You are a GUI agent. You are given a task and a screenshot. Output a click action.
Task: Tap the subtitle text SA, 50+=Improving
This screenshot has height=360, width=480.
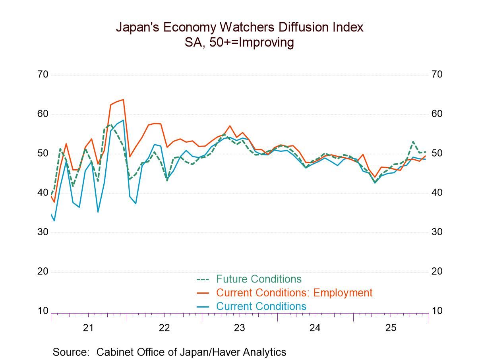239,42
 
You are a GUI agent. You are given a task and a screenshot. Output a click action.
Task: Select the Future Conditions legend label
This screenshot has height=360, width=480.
259,279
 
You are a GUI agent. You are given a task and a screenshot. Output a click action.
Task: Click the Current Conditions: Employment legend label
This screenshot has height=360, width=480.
294,293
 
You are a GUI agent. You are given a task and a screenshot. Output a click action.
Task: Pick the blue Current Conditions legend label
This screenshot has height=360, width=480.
261,306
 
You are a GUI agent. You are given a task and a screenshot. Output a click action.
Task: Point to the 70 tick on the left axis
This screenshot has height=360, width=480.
43,75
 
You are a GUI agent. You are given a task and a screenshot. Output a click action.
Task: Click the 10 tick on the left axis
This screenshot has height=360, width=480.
43,311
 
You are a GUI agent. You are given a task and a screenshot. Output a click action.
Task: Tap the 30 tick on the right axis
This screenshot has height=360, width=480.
437,232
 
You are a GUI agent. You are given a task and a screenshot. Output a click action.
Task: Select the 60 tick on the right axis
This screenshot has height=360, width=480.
437,114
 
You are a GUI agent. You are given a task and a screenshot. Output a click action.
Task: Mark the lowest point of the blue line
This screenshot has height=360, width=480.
54,221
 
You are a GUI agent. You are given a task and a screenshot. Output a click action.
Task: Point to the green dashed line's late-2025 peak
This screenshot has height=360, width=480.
413,141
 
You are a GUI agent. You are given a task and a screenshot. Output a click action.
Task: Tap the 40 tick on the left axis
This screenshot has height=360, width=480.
43,193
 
